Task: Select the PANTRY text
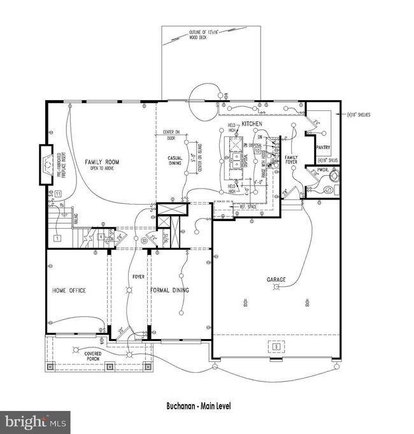322,147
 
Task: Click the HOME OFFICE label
69,291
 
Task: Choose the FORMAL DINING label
171,291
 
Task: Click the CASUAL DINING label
175,160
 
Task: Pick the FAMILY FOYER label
291,159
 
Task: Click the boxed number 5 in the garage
276,347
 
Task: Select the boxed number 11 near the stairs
57,193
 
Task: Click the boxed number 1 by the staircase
57,238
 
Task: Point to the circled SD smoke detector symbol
145,240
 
